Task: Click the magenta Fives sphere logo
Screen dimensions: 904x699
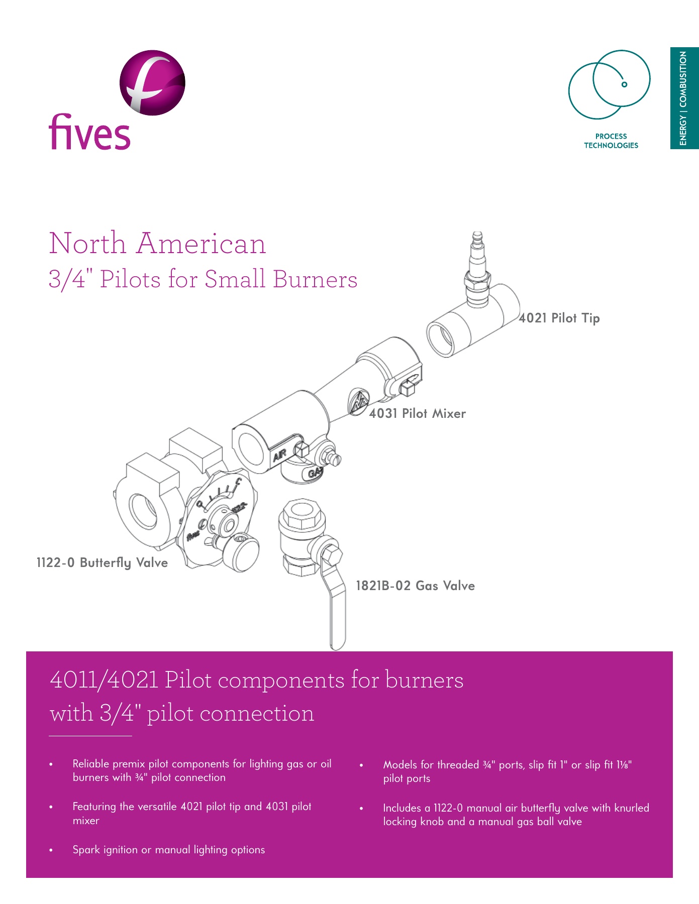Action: pyautogui.click(x=152, y=82)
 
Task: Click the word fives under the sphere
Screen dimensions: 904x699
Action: pyautogui.click(x=89, y=132)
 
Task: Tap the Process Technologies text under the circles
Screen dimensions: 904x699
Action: pyautogui.click(x=611, y=141)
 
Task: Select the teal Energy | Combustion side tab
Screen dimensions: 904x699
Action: pyautogui.click(x=684, y=98)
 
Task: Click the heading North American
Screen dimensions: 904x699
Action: pyautogui.click(x=157, y=244)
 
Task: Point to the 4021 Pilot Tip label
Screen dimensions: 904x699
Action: pyautogui.click(x=559, y=318)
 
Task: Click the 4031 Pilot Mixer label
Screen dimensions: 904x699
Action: pyautogui.click(x=417, y=413)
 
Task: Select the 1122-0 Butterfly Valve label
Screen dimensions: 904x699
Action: pyautogui.click(x=102, y=562)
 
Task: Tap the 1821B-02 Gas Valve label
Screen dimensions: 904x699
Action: pyautogui.click(x=415, y=586)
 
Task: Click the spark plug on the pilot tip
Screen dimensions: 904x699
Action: pyautogui.click(x=477, y=266)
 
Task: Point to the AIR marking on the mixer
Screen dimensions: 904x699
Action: pyautogui.click(x=279, y=455)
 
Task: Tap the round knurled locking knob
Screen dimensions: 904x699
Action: pyautogui.click(x=246, y=552)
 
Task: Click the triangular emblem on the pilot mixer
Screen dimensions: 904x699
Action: pyautogui.click(x=359, y=402)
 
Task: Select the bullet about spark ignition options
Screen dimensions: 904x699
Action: pyautogui.click(x=168, y=850)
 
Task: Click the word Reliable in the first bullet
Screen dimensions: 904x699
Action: pyautogui.click(x=91, y=764)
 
